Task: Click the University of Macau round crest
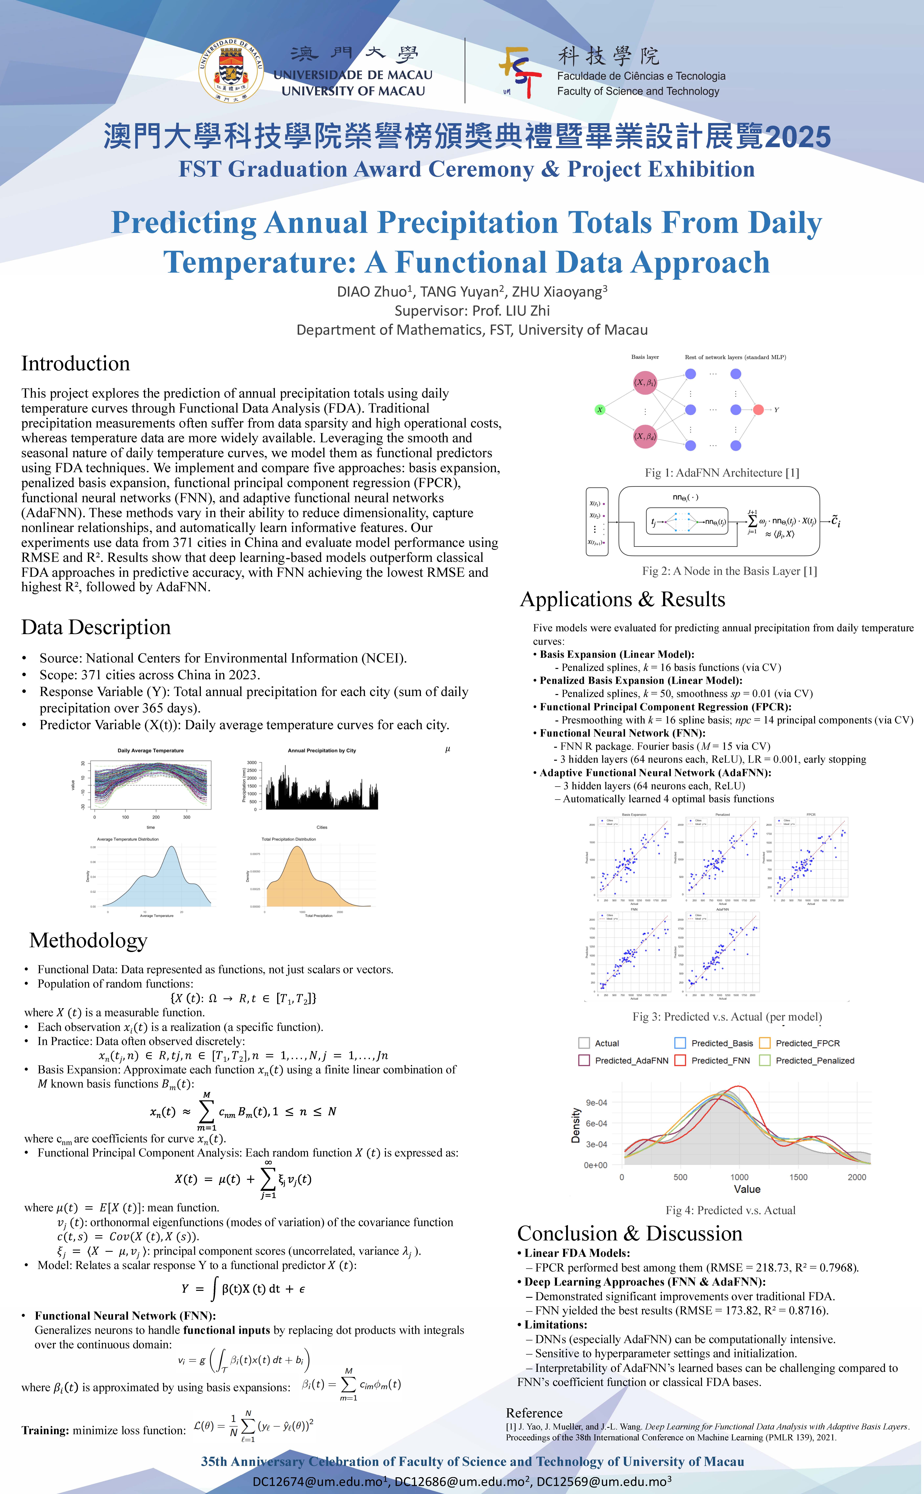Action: coord(231,70)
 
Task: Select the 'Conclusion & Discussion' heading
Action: coord(629,1234)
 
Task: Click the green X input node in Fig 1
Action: coord(600,410)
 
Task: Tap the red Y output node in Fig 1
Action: coord(758,410)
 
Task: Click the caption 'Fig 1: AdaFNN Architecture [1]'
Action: coord(722,473)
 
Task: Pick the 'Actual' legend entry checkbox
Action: coord(584,1043)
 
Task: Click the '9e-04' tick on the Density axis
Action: coord(596,1103)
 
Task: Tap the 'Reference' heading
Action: coord(534,1413)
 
